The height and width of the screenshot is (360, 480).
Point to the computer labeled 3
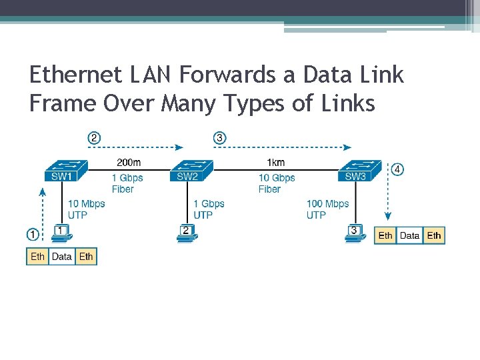click(x=355, y=233)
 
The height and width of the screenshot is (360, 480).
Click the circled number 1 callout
click(x=32, y=234)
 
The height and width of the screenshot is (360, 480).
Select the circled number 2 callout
click(x=94, y=138)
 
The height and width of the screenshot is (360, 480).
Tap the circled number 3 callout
click(x=219, y=138)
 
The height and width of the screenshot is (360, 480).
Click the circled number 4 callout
click(x=397, y=169)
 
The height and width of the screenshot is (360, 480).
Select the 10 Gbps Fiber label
click(x=276, y=183)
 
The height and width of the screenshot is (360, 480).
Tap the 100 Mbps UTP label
click(x=327, y=209)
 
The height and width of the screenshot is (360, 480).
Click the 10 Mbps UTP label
click(x=86, y=209)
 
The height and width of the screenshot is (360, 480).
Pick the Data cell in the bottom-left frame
click(x=61, y=257)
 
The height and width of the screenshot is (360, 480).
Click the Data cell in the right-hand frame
click(x=409, y=235)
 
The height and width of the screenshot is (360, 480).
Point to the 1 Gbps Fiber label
click(x=127, y=183)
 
